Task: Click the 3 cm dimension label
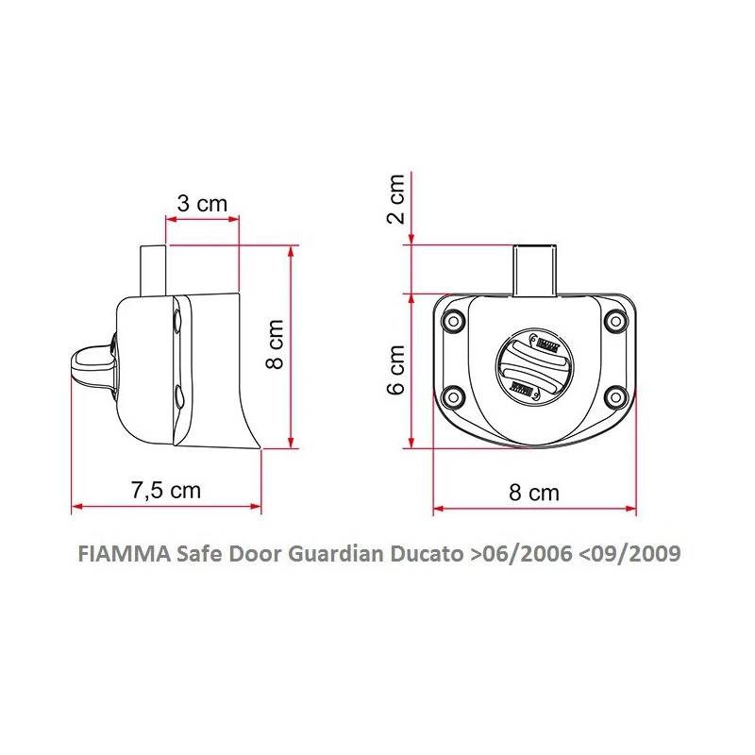point(202,203)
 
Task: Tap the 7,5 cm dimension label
point(166,490)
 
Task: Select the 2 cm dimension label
point(396,199)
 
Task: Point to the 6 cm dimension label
point(396,369)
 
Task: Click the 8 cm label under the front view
point(534,493)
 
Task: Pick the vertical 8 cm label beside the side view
point(275,345)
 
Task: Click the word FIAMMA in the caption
point(121,554)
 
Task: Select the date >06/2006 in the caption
point(519,554)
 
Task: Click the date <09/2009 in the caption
point(627,554)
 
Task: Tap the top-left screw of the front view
point(453,323)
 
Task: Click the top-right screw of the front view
point(617,323)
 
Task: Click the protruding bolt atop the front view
point(534,268)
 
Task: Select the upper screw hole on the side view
point(177,324)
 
